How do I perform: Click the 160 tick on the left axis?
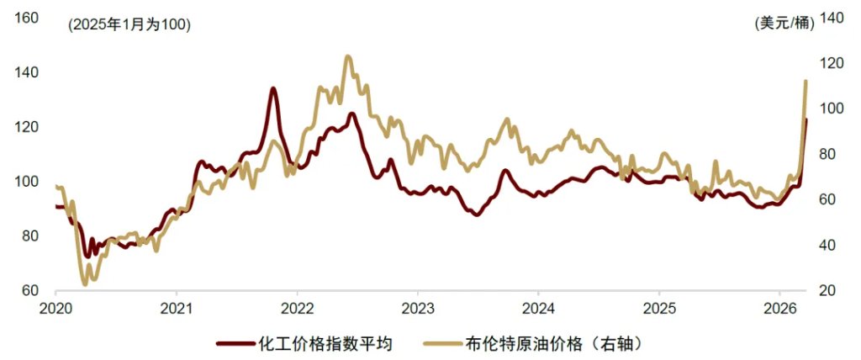pyautogui.click(x=28, y=17)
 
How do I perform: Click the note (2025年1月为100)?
pyautogui.click(x=129, y=24)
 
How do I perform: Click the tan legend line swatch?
pyautogui.click(x=441, y=343)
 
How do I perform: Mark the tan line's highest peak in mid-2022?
pyautogui.click(x=348, y=57)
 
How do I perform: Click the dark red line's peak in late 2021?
pyautogui.click(x=273, y=88)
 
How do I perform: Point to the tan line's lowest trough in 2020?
pyautogui.click(x=85, y=283)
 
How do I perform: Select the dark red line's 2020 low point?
pyautogui.click(x=87, y=256)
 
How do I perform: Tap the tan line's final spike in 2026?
pyautogui.click(x=806, y=82)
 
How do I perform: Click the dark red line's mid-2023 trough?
pyautogui.click(x=477, y=215)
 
